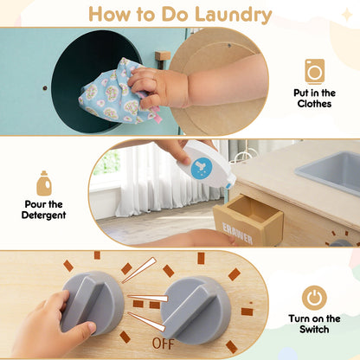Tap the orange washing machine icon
coord(315,71)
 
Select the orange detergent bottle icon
coord(44,183)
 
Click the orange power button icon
coord(315,297)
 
